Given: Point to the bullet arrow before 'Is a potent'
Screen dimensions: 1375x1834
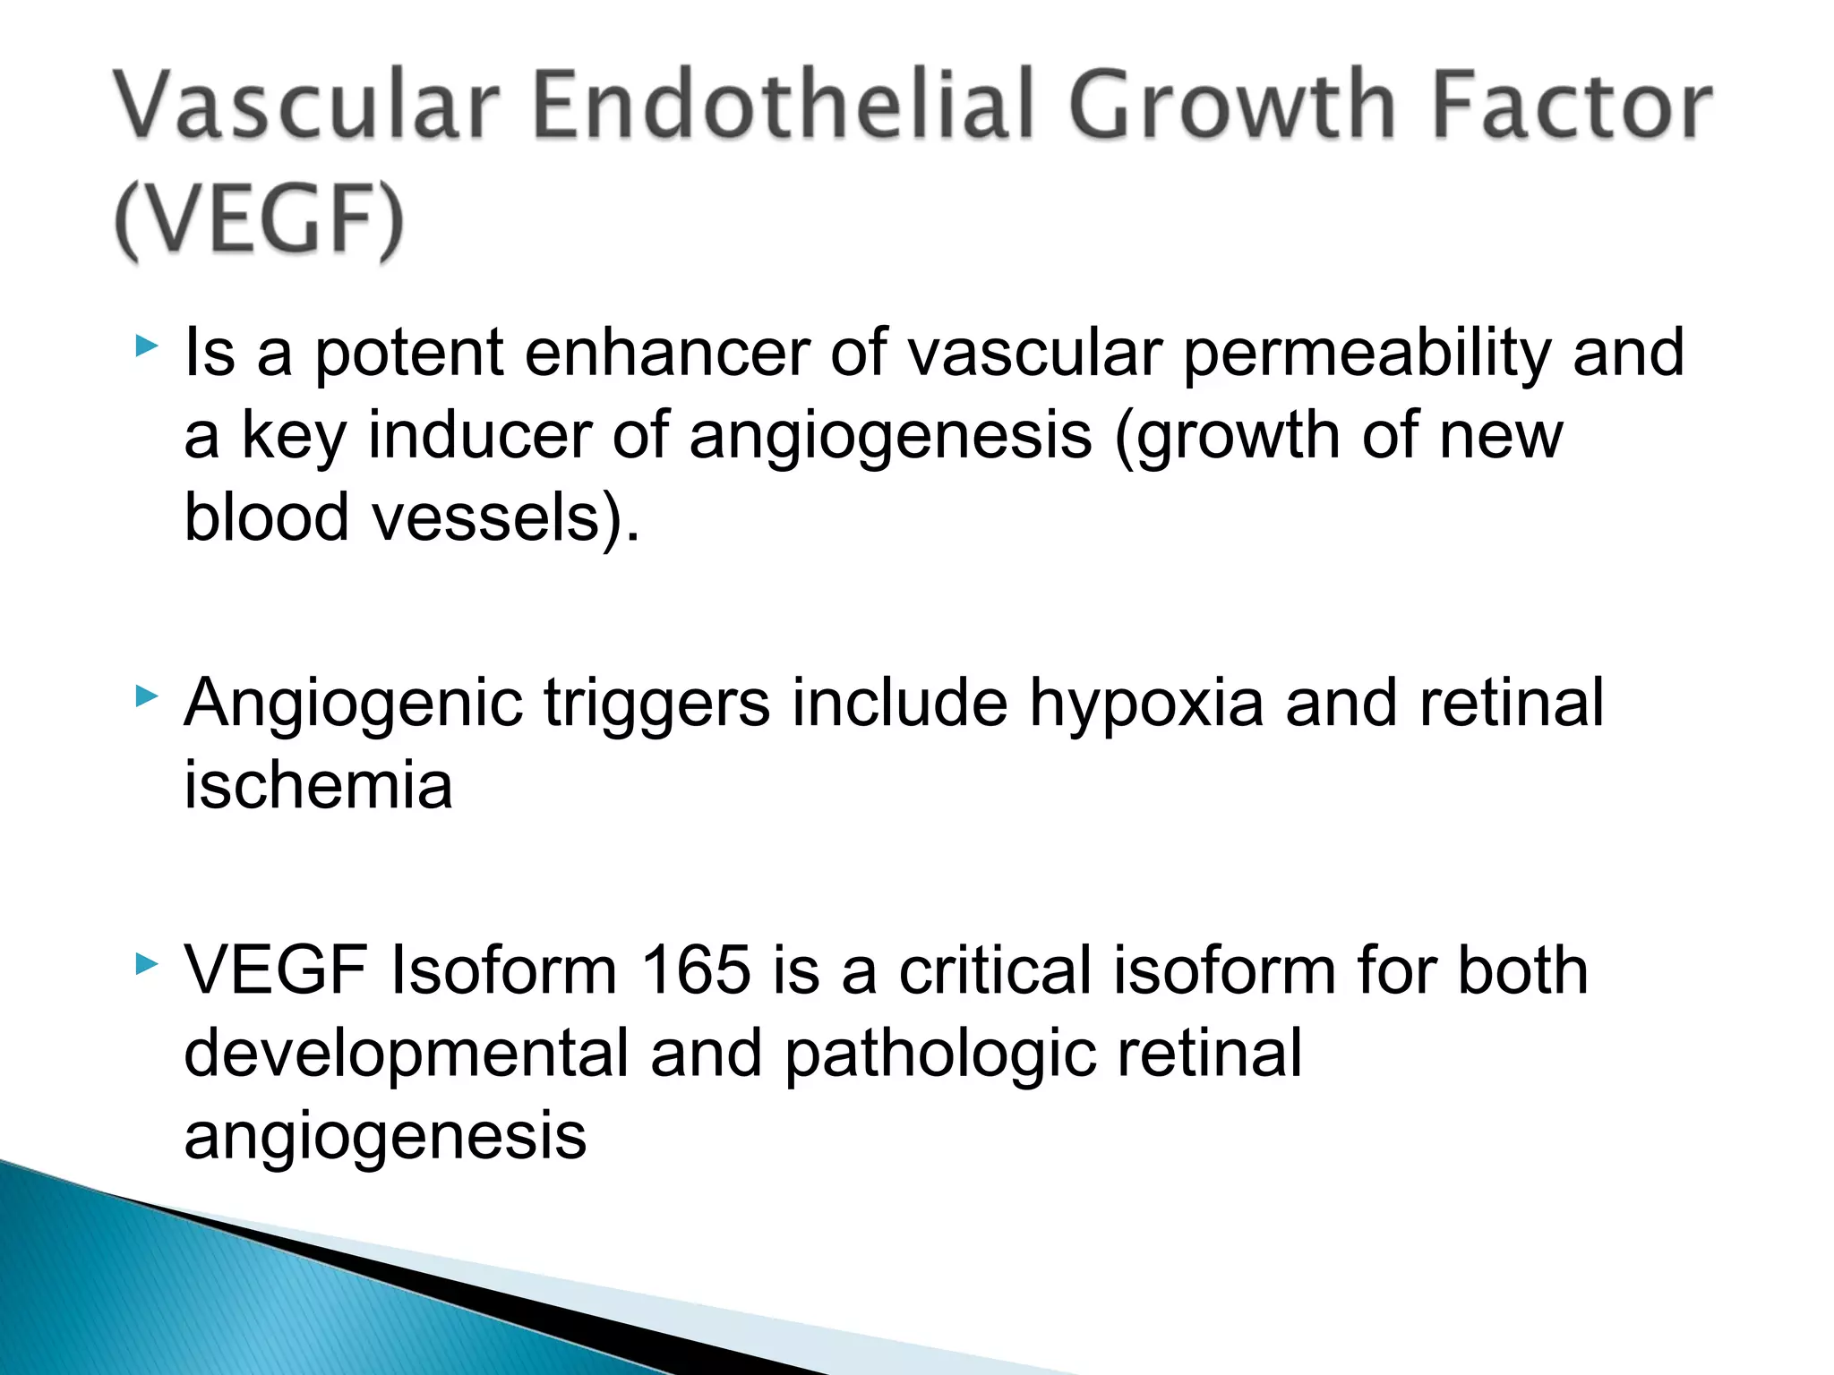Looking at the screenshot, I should click(147, 346).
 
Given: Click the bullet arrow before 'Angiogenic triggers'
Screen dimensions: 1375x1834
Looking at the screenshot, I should click(147, 696).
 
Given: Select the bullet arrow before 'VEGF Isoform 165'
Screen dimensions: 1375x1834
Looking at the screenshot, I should click(147, 964).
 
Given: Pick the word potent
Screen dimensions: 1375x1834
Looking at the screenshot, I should click(409, 354).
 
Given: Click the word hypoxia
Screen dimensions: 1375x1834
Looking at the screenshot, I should click(1146, 704).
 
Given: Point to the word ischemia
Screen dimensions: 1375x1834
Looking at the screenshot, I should click(318, 785).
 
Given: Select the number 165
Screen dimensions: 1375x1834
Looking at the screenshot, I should click(696, 970).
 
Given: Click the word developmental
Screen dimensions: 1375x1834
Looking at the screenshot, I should click(407, 1055).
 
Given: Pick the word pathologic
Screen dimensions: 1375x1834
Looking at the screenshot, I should click(940, 1055).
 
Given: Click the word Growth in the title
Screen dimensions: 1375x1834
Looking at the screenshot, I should click(1231, 106).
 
